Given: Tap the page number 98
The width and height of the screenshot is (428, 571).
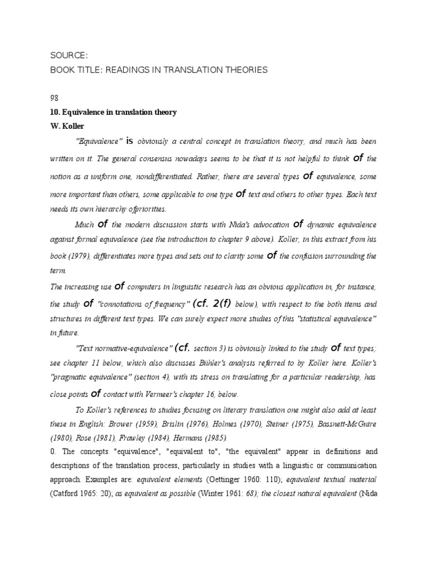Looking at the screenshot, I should (55, 98).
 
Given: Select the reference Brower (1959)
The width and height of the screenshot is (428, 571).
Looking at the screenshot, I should (147, 423).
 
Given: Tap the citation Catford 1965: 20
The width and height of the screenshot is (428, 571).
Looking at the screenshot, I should (81, 493).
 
